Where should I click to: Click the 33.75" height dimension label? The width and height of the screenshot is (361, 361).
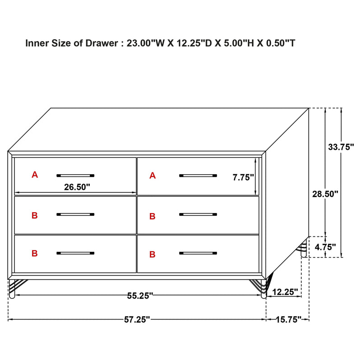coord(341,147)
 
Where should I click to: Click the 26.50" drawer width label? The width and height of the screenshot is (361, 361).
coord(77,186)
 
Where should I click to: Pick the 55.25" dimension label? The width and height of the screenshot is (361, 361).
coord(139,296)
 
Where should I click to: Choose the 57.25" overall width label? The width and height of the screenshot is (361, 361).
coord(137,319)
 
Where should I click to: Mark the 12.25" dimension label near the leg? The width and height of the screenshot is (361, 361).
coord(286,292)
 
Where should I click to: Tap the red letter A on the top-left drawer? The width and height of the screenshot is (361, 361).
coord(35,175)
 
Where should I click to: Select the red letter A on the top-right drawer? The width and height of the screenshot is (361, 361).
coord(153,175)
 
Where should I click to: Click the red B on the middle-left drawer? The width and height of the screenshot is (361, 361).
coord(35,216)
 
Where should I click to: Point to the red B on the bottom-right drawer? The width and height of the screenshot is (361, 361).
coord(153,255)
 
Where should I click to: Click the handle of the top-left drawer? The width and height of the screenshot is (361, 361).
coord(75,175)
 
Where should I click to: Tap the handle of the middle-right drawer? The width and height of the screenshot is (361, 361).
coord(198,214)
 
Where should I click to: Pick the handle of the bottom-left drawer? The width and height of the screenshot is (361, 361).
coord(75,253)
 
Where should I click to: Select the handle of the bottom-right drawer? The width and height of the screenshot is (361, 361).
coord(198,253)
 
